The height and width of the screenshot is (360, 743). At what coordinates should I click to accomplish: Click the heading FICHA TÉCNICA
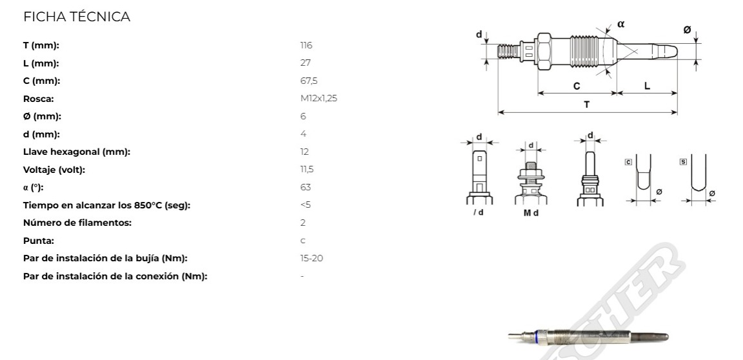pyautogui.click(x=77, y=17)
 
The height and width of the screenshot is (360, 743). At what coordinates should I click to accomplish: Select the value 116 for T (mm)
pyautogui.click(x=306, y=45)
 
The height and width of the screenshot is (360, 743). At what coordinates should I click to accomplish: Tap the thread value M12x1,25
pyautogui.click(x=319, y=99)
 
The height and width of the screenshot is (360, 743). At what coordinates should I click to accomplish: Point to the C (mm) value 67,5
pyautogui.click(x=309, y=81)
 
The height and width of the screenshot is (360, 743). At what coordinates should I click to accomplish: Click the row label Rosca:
pyautogui.click(x=39, y=99)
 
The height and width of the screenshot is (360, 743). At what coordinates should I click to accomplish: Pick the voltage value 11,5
pyautogui.click(x=307, y=170)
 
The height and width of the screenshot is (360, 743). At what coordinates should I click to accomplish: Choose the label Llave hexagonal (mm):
pyautogui.click(x=77, y=152)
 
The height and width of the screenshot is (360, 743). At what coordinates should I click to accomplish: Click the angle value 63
pyautogui.click(x=306, y=187)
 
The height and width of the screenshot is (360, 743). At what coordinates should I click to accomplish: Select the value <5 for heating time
pyautogui.click(x=306, y=205)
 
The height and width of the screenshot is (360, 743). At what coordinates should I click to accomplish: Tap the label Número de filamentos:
pyautogui.click(x=77, y=223)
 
